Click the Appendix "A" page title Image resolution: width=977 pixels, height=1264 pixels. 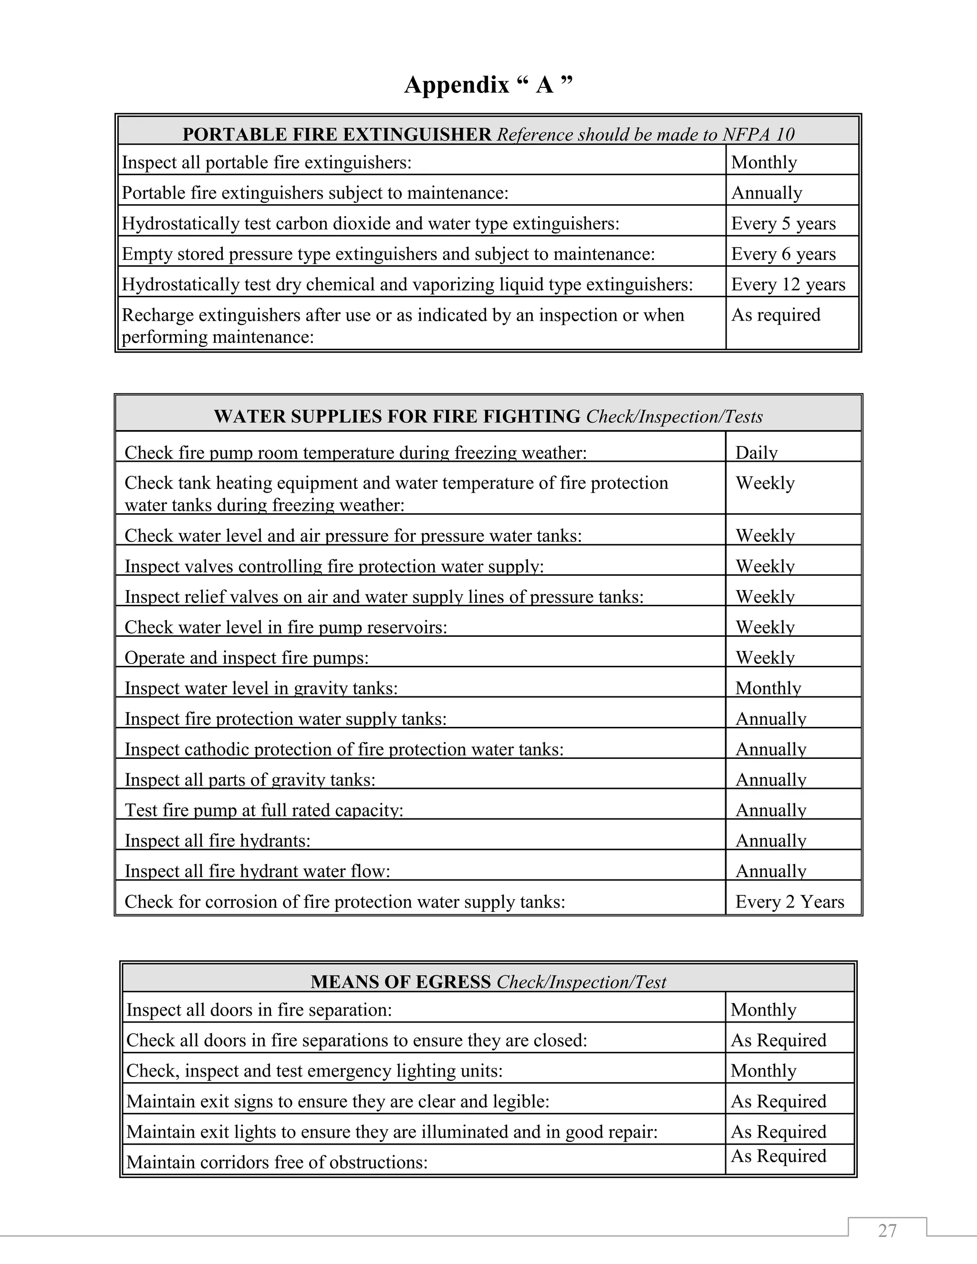pyautogui.click(x=488, y=85)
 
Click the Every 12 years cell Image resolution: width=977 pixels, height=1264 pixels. pyautogui.click(x=788, y=284)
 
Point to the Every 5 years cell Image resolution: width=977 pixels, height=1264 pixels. pyautogui.click(x=783, y=223)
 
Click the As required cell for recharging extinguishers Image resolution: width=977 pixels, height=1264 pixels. pyautogui.click(x=776, y=315)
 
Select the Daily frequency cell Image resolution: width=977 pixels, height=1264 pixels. pyautogui.click(x=756, y=452)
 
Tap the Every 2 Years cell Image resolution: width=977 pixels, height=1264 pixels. pyautogui.click(x=790, y=901)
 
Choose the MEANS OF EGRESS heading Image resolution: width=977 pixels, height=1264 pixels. pyautogui.click(x=401, y=982)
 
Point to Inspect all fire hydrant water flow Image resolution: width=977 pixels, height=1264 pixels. pyautogui.click(x=258, y=871)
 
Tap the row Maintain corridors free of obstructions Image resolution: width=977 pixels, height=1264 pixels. pyautogui.click(x=277, y=1161)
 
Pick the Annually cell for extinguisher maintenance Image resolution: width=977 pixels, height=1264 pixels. pyautogui.click(x=766, y=193)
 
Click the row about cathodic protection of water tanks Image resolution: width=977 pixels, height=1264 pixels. pyautogui.click(x=344, y=749)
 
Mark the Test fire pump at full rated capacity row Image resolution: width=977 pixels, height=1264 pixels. pyautogui.click(x=264, y=810)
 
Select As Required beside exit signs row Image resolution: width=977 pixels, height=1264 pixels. pyautogui.click(x=778, y=1101)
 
